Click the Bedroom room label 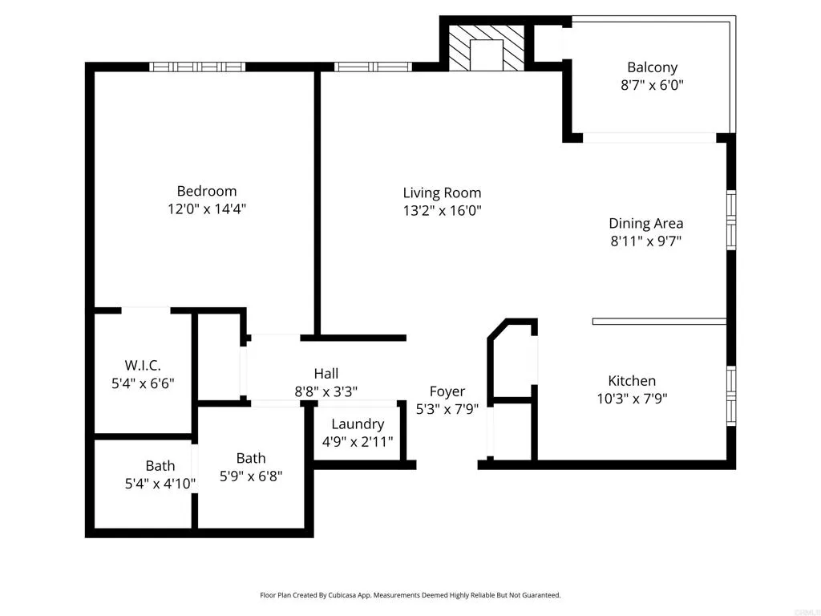point(207,191)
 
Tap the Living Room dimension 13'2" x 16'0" point(442,211)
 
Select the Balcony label point(652,67)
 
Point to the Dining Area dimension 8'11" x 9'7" point(645,241)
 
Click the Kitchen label point(632,381)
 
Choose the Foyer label point(447,391)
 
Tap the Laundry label point(358,423)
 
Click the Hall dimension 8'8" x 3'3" point(326,391)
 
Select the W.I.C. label point(143,366)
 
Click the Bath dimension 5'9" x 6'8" point(251,476)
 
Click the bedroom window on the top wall point(197,67)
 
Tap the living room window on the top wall point(372,67)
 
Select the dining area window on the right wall point(730,220)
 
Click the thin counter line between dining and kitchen point(659,321)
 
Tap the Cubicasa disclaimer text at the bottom point(410,595)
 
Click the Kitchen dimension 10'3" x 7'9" point(632,398)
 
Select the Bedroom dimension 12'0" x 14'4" point(207,209)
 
